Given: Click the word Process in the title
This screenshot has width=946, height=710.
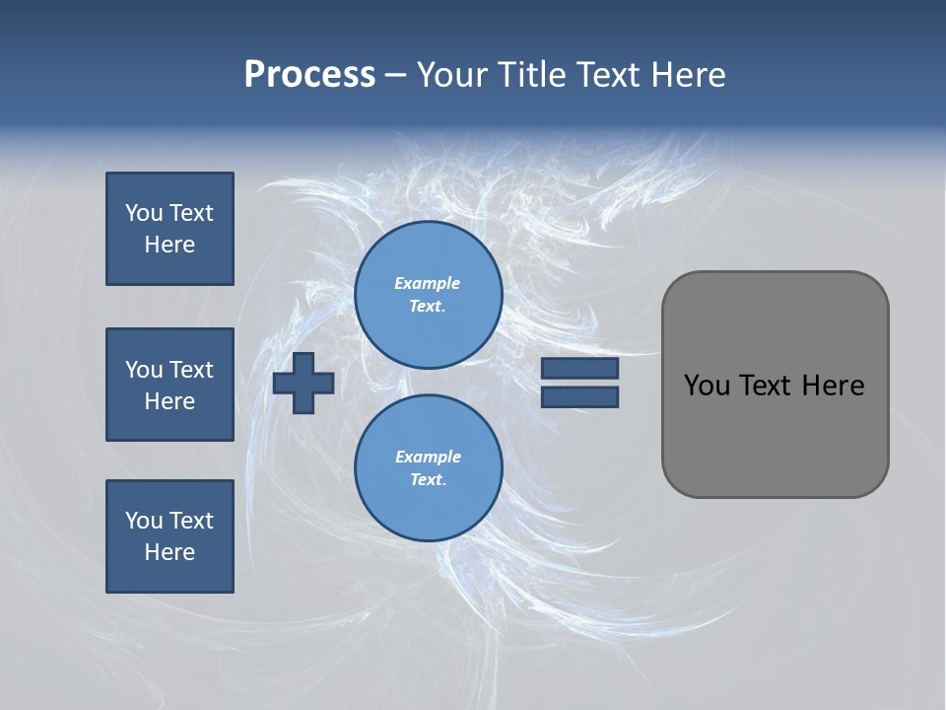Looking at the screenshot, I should click(x=309, y=75).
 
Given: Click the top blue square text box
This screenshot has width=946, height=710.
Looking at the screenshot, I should click(x=169, y=229).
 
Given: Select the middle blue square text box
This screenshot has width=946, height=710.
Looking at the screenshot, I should click(x=169, y=385).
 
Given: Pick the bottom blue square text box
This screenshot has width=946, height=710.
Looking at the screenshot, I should click(x=169, y=536).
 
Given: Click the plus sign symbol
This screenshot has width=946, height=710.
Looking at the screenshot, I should click(x=304, y=383).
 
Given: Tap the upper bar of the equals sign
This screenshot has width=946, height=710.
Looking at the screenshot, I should click(x=579, y=369).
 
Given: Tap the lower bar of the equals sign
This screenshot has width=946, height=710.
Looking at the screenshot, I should click(x=579, y=397).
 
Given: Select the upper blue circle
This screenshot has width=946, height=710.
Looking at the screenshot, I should click(x=428, y=294).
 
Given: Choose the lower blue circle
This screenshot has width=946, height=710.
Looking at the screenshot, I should click(x=428, y=467).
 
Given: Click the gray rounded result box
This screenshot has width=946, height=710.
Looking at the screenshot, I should click(x=775, y=385).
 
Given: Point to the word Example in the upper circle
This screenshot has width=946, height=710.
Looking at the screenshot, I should click(x=428, y=283).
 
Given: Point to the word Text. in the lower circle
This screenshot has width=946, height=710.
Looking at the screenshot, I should click(x=428, y=479).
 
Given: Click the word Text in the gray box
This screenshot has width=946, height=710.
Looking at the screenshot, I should click(x=766, y=386).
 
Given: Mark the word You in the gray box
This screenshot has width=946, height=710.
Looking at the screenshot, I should click(x=706, y=386).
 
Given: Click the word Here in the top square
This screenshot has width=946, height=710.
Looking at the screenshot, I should click(x=169, y=245).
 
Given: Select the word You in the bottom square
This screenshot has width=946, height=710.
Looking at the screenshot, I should click(x=144, y=521).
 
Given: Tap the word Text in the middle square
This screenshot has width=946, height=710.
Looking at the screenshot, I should click(x=191, y=370).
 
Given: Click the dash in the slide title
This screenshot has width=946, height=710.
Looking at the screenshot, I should click(x=395, y=75).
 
